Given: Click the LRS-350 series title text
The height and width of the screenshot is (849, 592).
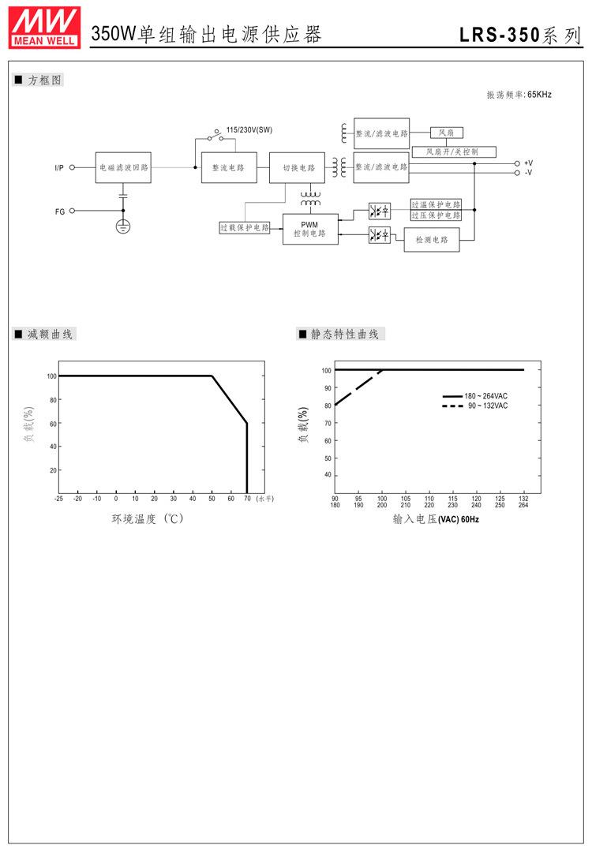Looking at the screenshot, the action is (520, 35).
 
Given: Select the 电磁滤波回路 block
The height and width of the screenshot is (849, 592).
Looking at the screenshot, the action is (123, 168).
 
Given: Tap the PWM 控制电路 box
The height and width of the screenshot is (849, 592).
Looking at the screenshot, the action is (309, 229).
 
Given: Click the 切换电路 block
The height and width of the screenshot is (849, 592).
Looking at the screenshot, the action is (298, 168).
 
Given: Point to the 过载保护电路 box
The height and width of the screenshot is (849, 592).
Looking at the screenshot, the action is (245, 227).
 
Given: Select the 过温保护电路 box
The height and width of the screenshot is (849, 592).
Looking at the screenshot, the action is (436, 204).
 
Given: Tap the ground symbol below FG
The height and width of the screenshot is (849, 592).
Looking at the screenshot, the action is (123, 226).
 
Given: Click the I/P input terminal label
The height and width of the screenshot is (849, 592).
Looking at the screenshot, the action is (59, 168).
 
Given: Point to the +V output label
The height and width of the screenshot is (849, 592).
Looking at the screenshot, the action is (528, 163).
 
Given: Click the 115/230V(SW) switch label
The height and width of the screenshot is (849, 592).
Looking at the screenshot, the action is (249, 129).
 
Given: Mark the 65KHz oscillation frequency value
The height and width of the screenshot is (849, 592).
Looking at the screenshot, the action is (539, 95).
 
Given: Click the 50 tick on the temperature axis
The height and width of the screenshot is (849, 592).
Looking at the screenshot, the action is (212, 499).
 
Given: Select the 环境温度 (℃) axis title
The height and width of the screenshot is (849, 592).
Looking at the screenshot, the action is (148, 519).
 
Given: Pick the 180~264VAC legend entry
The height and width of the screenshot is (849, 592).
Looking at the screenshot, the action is (475, 396).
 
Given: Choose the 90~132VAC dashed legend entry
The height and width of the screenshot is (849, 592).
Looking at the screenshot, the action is (475, 406).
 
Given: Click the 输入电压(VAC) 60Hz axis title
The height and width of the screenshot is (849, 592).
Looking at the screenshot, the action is (436, 519).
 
